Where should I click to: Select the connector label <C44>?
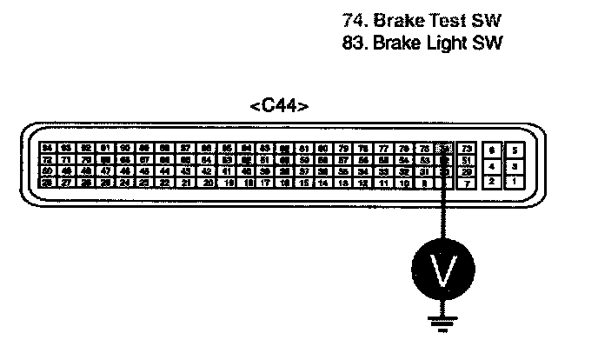pyautogui.click(x=279, y=107)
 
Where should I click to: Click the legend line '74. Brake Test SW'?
pyautogui.click(x=423, y=20)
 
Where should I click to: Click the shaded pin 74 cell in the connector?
pyautogui.click(x=445, y=149)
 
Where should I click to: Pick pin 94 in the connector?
pyautogui.click(x=47, y=149)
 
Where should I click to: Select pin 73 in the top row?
pyautogui.click(x=466, y=149)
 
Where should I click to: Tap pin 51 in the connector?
pyautogui.click(x=466, y=160)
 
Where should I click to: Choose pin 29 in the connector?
pyautogui.click(x=466, y=171)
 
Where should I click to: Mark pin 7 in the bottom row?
pyautogui.click(x=466, y=183)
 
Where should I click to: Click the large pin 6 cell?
pyautogui.click(x=493, y=149)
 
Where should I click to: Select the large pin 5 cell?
pyautogui.click(x=514, y=149)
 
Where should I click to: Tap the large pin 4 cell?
pyautogui.click(x=493, y=165)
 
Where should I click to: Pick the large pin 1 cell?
pyautogui.click(x=514, y=182)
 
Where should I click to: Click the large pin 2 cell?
pyautogui.click(x=493, y=182)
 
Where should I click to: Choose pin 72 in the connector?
pyautogui.click(x=47, y=160)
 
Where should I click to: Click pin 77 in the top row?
pyautogui.click(x=383, y=149)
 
